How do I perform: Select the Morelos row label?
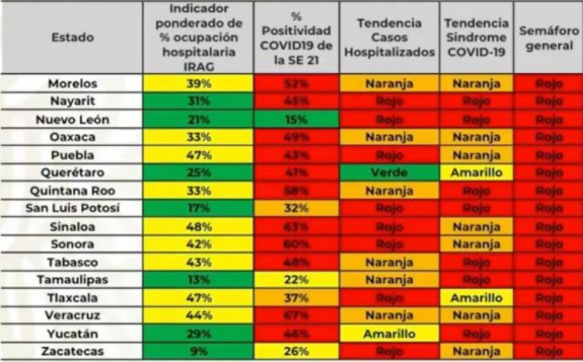tap(73, 83)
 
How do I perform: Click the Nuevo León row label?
tap(73, 119)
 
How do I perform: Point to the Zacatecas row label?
tap(73, 351)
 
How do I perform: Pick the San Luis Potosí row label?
tap(73, 208)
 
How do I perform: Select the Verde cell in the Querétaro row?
tap(389, 172)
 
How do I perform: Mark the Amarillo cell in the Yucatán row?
tap(389, 333)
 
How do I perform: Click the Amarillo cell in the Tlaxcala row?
tap(477, 297)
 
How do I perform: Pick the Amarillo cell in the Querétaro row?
tap(477, 172)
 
